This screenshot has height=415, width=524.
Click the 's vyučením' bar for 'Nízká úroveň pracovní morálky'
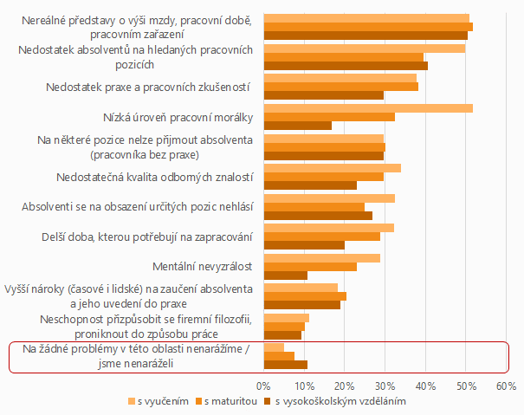coord(368,107)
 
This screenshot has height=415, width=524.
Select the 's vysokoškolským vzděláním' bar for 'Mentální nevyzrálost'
coord(286,276)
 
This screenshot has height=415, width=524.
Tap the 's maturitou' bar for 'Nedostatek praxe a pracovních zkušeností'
coord(340,87)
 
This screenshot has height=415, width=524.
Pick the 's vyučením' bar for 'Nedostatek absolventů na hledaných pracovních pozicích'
coord(364,48)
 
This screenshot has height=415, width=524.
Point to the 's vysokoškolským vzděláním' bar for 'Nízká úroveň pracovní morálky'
coord(297,126)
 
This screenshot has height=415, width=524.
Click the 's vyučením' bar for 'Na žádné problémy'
coord(274,347)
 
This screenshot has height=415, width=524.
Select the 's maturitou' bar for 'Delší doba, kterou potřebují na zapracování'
coord(321,237)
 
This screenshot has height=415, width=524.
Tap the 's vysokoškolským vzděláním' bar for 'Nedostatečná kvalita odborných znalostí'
coord(310,185)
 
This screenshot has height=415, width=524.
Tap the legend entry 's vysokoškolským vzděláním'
coord(342,401)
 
